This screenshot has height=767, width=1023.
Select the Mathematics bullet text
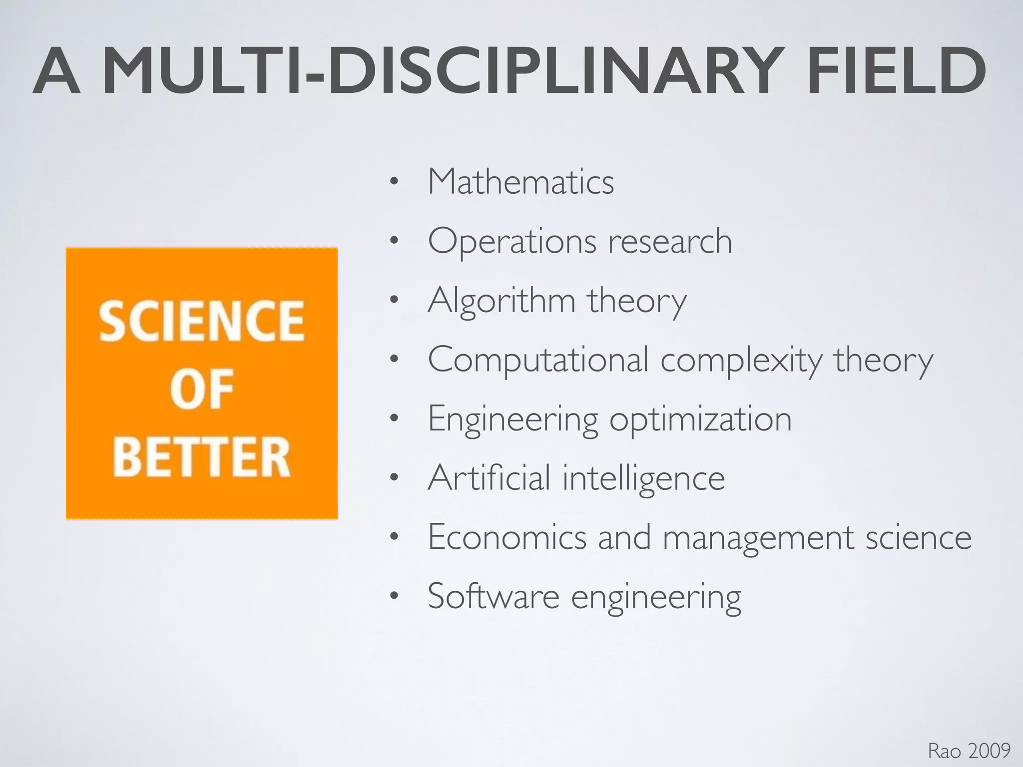(x=520, y=182)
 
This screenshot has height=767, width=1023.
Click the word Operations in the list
(x=512, y=242)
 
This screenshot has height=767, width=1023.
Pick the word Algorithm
(x=502, y=301)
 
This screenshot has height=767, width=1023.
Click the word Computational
(x=538, y=360)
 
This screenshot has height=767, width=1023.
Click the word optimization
(x=700, y=420)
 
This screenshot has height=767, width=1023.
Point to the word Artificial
(x=489, y=478)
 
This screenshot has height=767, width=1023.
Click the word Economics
(x=507, y=537)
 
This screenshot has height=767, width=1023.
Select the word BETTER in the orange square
(x=201, y=457)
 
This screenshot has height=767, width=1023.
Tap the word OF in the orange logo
(x=201, y=389)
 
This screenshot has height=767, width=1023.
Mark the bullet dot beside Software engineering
(x=394, y=596)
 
